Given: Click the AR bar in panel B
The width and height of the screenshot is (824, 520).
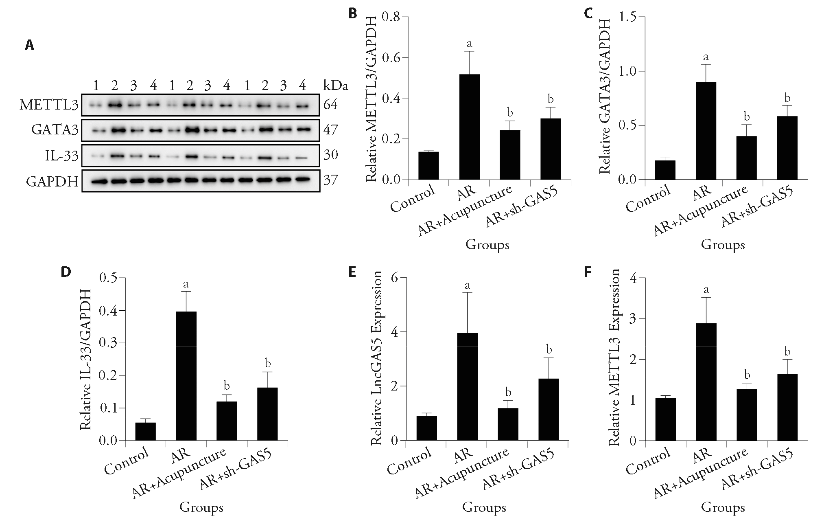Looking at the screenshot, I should pyautogui.click(x=469, y=127).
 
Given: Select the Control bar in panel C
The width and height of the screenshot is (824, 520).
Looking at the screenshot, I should pyautogui.click(x=665, y=170).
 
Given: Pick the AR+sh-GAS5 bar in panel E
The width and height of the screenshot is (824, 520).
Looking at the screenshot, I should pyautogui.click(x=549, y=410).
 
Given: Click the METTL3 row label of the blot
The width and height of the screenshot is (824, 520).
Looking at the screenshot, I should pyautogui.click(x=49, y=105).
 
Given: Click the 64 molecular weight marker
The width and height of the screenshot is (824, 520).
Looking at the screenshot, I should pyautogui.click(x=330, y=105).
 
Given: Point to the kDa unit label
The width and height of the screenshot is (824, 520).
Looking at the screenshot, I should pyautogui.click(x=336, y=86).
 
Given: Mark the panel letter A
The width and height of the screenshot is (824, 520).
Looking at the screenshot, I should pyautogui.click(x=29, y=45).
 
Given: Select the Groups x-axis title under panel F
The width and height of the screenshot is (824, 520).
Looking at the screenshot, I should pyautogui.click(x=723, y=507).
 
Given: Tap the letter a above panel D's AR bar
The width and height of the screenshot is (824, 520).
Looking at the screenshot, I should pyautogui.click(x=186, y=284).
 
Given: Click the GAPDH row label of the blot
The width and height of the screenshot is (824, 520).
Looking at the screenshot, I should pyautogui.click(x=52, y=181).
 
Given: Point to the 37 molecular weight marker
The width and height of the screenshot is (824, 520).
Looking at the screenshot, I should pyautogui.click(x=330, y=180).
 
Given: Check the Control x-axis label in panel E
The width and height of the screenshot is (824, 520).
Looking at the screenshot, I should pyautogui.click(x=409, y=461).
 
